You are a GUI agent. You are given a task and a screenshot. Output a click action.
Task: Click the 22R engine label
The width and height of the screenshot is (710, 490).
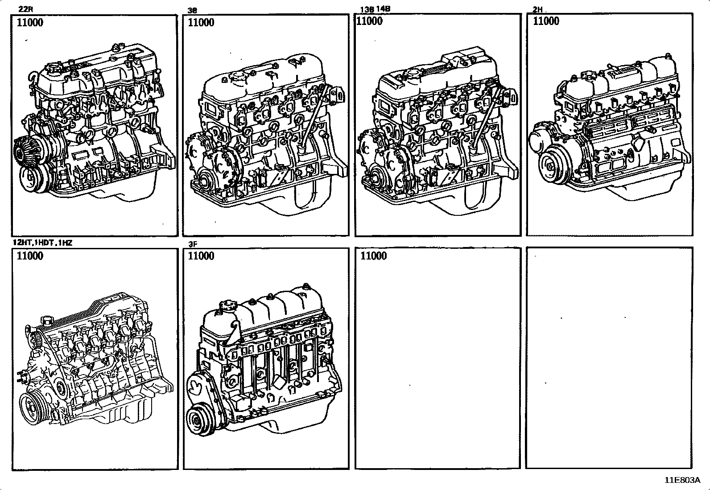[26, 9]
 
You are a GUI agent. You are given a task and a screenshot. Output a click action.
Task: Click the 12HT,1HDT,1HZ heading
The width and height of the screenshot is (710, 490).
[43, 243]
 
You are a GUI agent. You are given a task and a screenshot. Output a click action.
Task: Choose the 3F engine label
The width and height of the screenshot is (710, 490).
[192, 244]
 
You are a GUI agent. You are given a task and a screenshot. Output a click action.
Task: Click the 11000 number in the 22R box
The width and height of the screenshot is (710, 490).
[30, 23]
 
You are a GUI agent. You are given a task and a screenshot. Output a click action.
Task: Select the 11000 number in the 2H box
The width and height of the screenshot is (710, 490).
[546, 21]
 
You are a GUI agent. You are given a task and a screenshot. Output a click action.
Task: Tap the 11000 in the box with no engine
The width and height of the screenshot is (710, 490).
[373, 256]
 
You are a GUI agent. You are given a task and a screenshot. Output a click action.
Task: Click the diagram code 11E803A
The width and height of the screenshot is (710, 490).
[683, 480]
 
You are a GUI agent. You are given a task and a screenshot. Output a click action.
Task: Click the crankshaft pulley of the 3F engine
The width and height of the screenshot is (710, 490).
[197, 420]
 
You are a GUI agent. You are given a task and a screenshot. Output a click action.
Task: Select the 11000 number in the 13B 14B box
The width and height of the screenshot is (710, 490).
[369, 21]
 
